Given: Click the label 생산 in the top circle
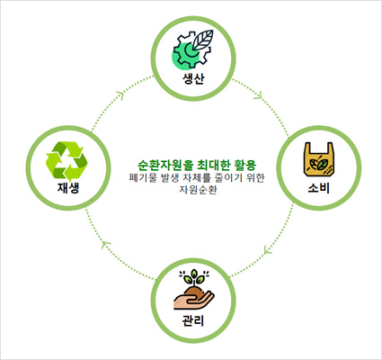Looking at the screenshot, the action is tap(193, 78).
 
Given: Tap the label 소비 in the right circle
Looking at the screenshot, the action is tap(319, 188).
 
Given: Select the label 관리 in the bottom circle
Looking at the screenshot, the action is tap(193, 320).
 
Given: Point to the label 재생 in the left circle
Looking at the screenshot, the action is tap(68, 188).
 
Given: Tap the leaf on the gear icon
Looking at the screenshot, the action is tap(203, 40).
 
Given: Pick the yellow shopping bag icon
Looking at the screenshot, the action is tap(319, 159).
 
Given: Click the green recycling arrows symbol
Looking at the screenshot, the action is tap(67, 159).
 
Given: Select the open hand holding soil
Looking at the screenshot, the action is tap(194, 299).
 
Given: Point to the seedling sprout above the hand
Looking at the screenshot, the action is tap(194, 278).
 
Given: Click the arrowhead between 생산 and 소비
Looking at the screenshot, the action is tap(259, 94).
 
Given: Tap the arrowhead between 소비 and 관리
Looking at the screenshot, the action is tap(268, 249).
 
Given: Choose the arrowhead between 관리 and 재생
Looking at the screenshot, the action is tap(106, 244).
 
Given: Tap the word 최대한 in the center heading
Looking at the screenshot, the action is tap(213, 166).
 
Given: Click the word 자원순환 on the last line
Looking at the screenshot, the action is tap(198, 190).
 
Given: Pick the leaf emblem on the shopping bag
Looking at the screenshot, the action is tap(318, 164).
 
